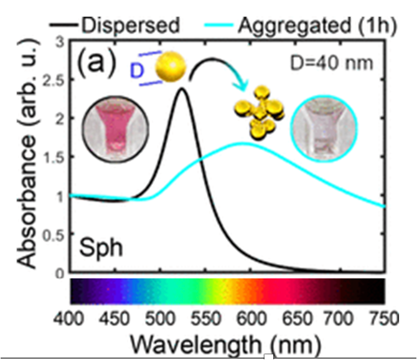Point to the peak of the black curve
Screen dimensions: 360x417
(182, 88)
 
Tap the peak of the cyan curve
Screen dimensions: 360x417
(243, 143)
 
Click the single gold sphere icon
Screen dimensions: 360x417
(170, 67)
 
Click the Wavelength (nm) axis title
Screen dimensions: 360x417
(225, 343)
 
